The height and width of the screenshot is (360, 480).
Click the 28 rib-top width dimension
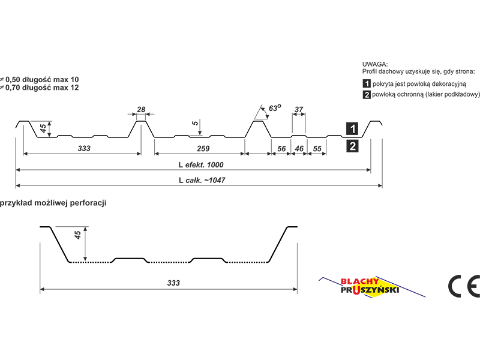[x=141, y=109]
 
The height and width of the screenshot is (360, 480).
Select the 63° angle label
[x=275, y=108]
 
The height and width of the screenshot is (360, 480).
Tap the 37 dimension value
[x=299, y=109]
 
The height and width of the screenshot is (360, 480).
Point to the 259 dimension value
[x=203, y=148]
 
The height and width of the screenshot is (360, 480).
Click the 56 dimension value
[x=281, y=149]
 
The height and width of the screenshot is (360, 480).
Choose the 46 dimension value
[x=299, y=149]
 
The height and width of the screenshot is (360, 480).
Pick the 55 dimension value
[x=317, y=149]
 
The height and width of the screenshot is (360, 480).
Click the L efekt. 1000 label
[x=201, y=164]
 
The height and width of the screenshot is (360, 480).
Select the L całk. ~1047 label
[x=202, y=181]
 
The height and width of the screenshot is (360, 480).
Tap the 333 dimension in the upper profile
[x=84, y=148]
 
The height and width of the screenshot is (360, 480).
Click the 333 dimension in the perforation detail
[x=173, y=283]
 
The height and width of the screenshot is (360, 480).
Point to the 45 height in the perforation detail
[x=78, y=235]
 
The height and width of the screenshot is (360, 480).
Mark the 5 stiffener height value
[x=195, y=123]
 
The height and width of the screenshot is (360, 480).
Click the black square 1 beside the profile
[x=352, y=128]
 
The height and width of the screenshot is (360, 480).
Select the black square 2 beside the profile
[x=352, y=146]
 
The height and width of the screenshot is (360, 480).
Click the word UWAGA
[x=375, y=64]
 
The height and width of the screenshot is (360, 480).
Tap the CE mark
[x=464, y=286]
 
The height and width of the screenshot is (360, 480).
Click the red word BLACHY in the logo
[x=359, y=281]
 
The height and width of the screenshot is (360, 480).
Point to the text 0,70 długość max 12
[x=42, y=88]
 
